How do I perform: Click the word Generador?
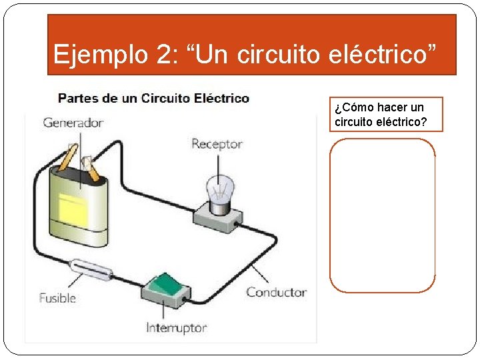(x=73, y=123)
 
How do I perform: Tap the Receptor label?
(x=217, y=143)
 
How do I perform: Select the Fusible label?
(x=57, y=298)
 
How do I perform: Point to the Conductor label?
(x=276, y=292)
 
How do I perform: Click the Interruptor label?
(x=177, y=328)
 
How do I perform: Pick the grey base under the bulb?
(x=217, y=217)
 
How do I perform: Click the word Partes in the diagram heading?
(x=79, y=99)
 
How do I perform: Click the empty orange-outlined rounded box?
(x=382, y=215)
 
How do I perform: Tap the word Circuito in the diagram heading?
(x=166, y=99)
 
